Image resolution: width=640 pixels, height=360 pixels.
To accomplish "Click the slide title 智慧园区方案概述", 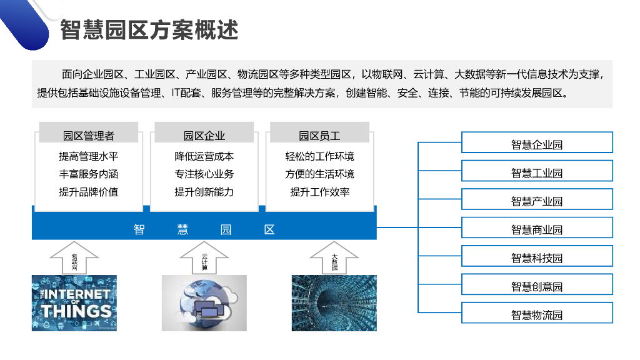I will (149, 30).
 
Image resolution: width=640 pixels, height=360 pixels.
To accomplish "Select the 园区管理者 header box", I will (89, 135).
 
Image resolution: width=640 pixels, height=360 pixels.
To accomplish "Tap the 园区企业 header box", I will (204, 135).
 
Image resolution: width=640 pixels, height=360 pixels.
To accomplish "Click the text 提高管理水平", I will (89, 156).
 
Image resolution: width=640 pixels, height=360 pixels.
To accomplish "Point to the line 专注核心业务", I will (204, 174).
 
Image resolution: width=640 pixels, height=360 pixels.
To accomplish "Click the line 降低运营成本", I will (204, 156).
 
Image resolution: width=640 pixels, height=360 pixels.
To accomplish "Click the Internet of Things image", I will (74, 303).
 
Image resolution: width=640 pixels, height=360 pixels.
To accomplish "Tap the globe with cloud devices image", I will (204, 303).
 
